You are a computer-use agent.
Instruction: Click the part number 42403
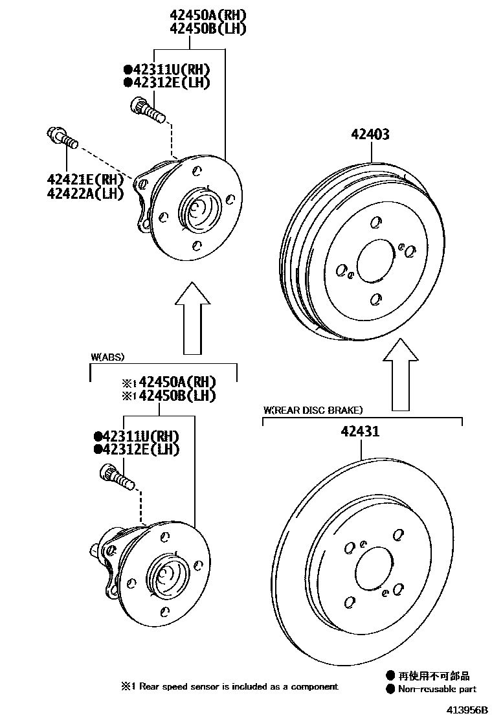370,134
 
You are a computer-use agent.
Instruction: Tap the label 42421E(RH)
84,179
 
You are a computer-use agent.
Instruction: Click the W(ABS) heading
107,357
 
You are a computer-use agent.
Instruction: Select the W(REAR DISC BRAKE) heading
313,410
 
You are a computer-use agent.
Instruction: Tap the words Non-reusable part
438,690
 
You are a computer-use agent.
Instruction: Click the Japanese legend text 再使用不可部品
434,676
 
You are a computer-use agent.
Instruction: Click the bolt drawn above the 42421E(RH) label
62,138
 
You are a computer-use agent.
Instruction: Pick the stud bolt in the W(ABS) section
117,478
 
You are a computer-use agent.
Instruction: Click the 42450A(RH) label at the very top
190,14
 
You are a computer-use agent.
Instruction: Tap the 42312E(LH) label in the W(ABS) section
137,449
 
